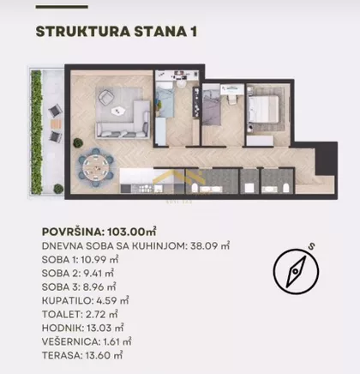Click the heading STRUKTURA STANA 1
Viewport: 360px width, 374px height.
click(x=117, y=32)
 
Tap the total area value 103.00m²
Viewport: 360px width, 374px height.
click(x=131, y=232)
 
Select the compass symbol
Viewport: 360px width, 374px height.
click(x=296, y=271)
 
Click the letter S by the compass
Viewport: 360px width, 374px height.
click(x=312, y=246)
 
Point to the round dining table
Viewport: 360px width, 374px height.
click(x=96, y=167)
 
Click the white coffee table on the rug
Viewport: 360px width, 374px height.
click(x=119, y=111)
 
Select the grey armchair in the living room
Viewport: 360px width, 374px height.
click(x=105, y=97)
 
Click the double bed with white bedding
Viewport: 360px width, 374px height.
click(x=263, y=109)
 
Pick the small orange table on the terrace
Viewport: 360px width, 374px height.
click(x=56, y=124)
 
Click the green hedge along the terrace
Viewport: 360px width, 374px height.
click(x=36, y=132)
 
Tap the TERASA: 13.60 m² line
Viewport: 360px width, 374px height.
click(x=82, y=355)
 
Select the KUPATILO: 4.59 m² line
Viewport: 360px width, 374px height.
click(x=85, y=301)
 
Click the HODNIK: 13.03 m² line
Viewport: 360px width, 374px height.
click(x=82, y=328)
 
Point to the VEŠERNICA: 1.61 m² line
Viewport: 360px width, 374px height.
click(x=87, y=341)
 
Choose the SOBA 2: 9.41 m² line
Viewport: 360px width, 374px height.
click(x=78, y=274)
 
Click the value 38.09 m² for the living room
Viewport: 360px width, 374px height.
click(x=210, y=246)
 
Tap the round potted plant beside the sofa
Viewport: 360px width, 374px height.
click(x=78, y=142)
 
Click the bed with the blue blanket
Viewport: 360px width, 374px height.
click(x=165, y=100)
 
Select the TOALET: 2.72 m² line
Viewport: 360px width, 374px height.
click(x=80, y=315)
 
